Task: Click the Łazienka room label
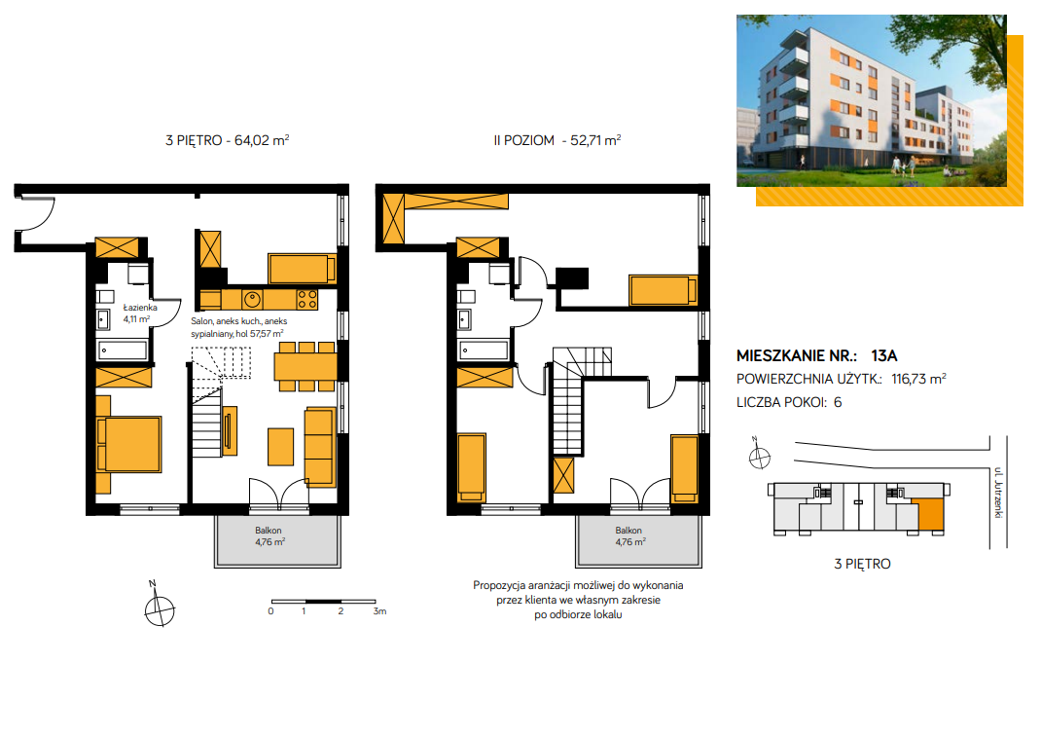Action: click(140, 308)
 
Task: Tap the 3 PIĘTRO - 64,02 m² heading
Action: click(227, 140)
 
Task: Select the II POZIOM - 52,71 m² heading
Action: click(557, 140)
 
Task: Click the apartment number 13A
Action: click(884, 355)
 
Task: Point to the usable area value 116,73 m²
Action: click(918, 379)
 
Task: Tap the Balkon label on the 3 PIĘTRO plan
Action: click(269, 531)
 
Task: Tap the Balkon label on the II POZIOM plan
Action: click(628, 531)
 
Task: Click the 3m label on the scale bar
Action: click(379, 611)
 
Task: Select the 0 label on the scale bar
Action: click(270, 611)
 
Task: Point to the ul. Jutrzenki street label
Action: click(998, 493)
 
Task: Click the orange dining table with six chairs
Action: click(306, 366)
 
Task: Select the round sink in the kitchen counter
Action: click(252, 299)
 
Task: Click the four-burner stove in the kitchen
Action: click(306, 299)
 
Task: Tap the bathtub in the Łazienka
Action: click(123, 350)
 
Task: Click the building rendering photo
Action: click(872, 100)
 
